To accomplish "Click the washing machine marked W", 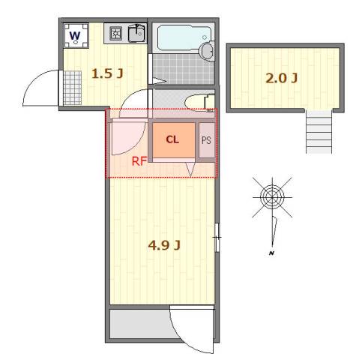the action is (x=76, y=36).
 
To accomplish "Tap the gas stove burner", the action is (x=115, y=34).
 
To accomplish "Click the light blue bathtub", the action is (x=184, y=37).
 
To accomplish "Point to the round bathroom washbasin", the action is (x=207, y=51).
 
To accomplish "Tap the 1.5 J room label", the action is (x=107, y=73).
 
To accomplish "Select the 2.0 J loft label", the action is (x=281, y=78).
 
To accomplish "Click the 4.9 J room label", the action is (x=164, y=245).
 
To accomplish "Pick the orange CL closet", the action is (x=174, y=140).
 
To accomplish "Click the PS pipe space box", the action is (x=207, y=140).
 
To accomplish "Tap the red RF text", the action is (x=139, y=161).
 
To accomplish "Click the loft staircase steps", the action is (x=319, y=131).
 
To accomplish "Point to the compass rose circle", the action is (x=272, y=197).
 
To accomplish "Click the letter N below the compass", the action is (x=271, y=253).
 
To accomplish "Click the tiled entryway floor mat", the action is (x=73, y=88).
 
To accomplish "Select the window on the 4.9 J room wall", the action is (x=217, y=237).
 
